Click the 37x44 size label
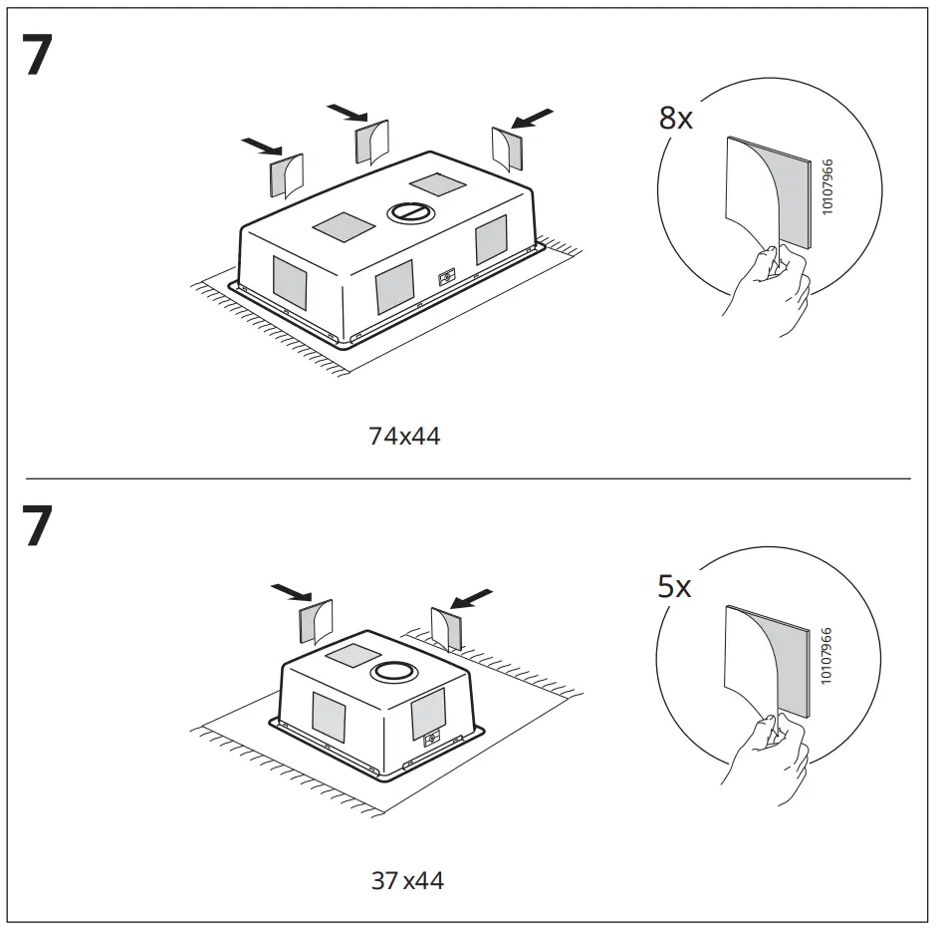[407, 880]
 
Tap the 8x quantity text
[675, 119]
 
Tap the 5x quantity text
[674, 586]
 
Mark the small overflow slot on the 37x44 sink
[431, 740]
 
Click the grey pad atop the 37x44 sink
[348, 654]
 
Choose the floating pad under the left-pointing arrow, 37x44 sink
[446, 629]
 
